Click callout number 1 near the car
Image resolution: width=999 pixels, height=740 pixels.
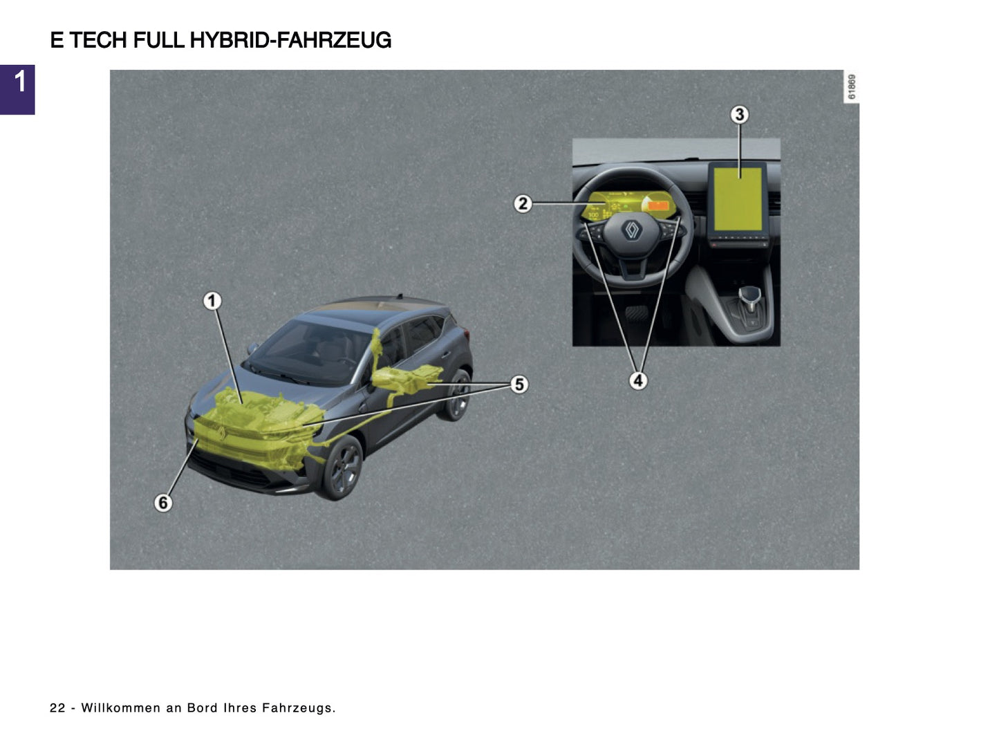[212, 301]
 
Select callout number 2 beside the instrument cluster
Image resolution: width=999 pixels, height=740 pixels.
[523, 203]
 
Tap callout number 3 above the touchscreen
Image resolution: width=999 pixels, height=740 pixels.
[739, 114]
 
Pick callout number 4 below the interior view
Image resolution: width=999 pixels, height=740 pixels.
[637, 380]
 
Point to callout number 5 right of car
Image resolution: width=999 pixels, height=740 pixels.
[519, 384]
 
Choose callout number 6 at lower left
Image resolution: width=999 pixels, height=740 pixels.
[163, 502]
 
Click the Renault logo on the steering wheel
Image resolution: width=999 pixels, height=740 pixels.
[631, 230]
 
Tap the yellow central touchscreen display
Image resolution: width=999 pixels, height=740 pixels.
[738, 199]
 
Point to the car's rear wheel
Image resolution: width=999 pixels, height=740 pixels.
[457, 396]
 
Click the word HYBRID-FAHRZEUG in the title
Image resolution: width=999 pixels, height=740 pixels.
[290, 40]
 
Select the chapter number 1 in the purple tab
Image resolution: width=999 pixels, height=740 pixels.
[19, 82]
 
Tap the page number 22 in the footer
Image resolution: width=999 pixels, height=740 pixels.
[57, 707]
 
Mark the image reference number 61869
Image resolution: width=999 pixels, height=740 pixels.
[851, 87]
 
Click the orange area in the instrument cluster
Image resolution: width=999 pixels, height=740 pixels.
[658, 205]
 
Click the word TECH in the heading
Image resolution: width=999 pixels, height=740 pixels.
[97, 40]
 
